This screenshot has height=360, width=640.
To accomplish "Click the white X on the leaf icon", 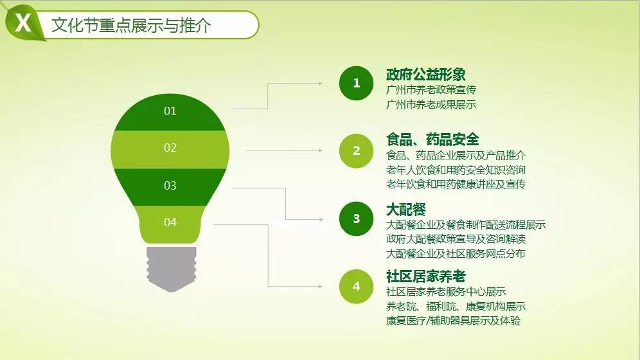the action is pyautogui.click(x=23, y=22).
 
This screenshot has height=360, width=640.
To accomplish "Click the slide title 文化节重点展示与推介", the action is pyautogui.click(x=131, y=25).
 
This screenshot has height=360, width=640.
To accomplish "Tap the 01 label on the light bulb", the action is pyautogui.click(x=170, y=111).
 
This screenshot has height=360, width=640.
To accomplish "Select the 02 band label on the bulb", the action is pyautogui.click(x=170, y=148).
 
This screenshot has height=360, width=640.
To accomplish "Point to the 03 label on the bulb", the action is pyautogui.click(x=170, y=186).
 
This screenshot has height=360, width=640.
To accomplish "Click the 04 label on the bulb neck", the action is pyautogui.click(x=170, y=222).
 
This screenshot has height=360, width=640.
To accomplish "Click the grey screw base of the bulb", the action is pyautogui.click(x=172, y=269).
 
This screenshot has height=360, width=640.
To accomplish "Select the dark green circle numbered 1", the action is pyautogui.click(x=357, y=84).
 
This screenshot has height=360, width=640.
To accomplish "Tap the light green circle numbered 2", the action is pyautogui.click(x=357, y=151).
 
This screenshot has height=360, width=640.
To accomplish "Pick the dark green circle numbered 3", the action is pyautogui.click(x=357, y=219).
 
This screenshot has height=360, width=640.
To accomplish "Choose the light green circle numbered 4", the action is pyautogui.click(x=357, y=287).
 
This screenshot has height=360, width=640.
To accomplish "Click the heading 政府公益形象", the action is pyautogui.click(x=426, y=75).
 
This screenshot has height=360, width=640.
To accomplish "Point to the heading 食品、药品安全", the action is pyautogui.click(x=432, y=139).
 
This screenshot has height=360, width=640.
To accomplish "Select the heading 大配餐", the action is pyautogui.click(x=406, y=210).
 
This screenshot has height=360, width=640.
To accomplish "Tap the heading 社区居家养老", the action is pyautogui.click(x=426, y=276).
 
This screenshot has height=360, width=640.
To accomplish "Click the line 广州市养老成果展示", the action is pyautogui.click(x=431, y=105).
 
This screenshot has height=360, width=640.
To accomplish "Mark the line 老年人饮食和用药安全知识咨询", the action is pyautogui.click(x=456, y=170).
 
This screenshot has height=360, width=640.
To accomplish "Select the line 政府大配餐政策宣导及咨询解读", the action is pyautogui.click(x=456, y=239).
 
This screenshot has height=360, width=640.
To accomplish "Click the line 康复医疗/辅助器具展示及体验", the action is pyautogui.click(x=453, y=321).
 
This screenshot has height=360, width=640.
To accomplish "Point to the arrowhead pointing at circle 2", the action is pyautogui.click(x=321, y=150).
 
